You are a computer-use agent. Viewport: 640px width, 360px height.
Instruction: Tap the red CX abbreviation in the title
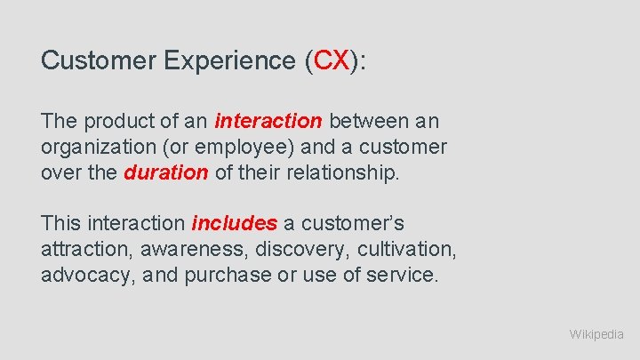coord(332,60)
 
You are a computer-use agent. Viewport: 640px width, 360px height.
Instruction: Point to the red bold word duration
coord(165,172)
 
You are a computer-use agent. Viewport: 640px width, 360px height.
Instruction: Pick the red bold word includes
coord(234,224)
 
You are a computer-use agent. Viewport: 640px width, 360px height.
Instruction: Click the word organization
coord(97,147)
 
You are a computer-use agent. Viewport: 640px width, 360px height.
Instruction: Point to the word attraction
coord(83,250)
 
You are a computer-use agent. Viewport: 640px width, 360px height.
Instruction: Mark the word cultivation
coord(398,250)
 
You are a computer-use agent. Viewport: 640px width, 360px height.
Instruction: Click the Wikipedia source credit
coord(596,334)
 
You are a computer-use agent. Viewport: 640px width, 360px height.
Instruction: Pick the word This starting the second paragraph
coord(61,224)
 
